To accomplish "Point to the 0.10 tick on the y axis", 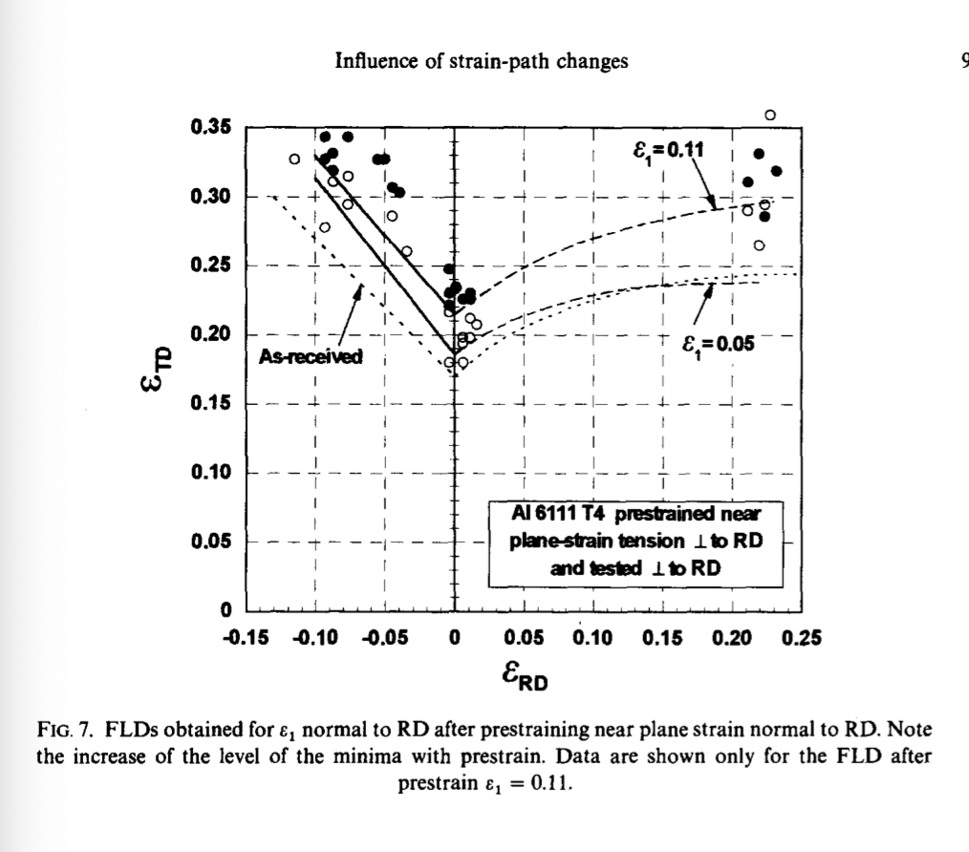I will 248,473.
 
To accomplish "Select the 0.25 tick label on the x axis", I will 802,637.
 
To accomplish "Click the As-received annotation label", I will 311,357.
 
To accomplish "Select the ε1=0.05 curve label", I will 719,345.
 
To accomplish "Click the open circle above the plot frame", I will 770,116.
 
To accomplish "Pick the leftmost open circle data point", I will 294,159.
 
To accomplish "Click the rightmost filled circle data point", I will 776,171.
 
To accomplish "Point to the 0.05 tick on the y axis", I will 248,542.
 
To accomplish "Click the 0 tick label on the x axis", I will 454,637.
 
